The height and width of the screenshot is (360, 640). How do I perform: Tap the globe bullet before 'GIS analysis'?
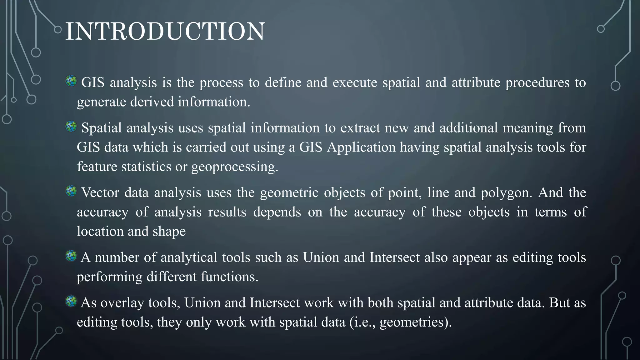[71, 81]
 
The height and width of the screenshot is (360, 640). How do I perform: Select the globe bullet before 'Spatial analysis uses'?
[71, 127]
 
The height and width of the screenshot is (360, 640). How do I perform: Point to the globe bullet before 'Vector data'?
[71, 191]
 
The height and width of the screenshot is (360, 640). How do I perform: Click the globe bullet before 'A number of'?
[71, 256]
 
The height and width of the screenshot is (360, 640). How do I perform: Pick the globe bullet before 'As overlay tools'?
[71, 302]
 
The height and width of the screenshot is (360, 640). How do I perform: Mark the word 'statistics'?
[146, 167]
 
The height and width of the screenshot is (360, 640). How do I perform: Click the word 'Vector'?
[100, 192]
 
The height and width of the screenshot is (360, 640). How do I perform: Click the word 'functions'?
[229, 277]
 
